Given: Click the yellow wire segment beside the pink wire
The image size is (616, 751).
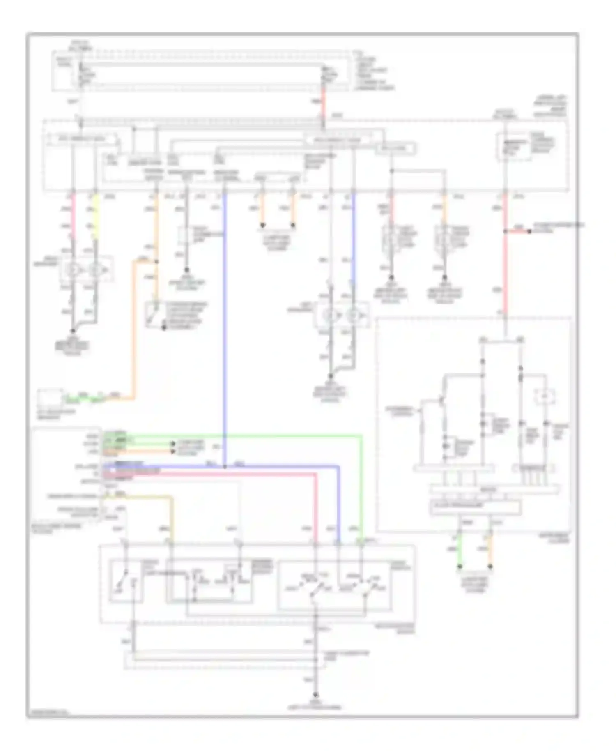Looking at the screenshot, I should (x=95, y=218).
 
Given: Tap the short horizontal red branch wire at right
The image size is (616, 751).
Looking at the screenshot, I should (x=517, y=232).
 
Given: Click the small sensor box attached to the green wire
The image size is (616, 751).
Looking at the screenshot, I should (x=50, y=398).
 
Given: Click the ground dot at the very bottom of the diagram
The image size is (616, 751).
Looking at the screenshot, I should (x=316, y=695).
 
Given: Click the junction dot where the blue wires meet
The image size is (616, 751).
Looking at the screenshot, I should (x=225, y=467).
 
